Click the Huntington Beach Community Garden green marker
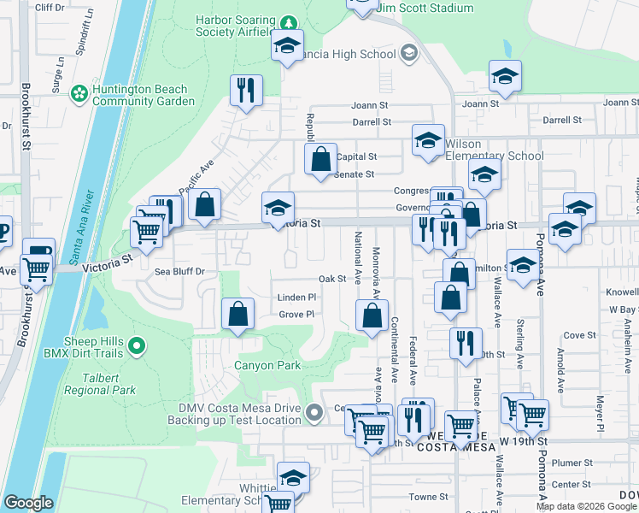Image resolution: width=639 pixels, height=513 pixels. coord(80,92)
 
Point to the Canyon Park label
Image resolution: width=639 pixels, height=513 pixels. coord(267,365)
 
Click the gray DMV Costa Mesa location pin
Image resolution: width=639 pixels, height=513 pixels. coord(314,414)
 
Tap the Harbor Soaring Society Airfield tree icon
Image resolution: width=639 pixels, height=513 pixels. coord(289,22)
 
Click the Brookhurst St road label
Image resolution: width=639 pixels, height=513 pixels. coord(26,115)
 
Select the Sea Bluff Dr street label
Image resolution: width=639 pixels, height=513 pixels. coord(180,271)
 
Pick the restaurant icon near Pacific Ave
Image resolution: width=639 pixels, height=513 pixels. coord(246,91)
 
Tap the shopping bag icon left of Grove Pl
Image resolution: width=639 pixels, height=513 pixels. coord(237,314)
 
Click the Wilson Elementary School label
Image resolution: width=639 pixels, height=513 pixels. coord(494,150)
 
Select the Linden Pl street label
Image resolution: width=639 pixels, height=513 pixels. coord(296,297)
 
